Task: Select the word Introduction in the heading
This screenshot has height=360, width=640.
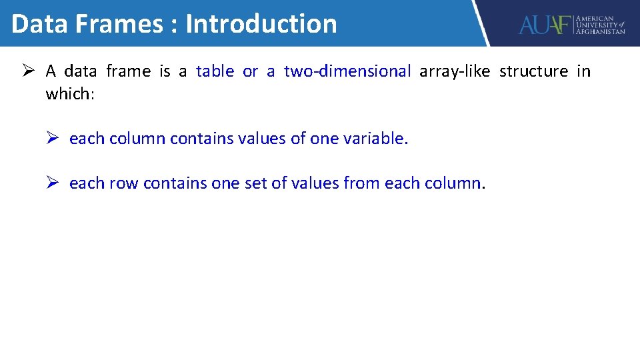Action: [261, 24]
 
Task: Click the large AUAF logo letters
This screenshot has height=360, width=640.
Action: [545, 25]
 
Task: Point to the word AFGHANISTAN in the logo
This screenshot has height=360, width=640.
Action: [600, 31]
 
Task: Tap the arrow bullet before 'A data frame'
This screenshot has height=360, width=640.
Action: [29, 71]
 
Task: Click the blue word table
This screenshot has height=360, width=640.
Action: [215, 71]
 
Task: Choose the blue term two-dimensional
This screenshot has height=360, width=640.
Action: [347, 71]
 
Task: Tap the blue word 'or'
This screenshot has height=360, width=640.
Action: [250, 71]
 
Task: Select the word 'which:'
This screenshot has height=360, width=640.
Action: [70, 93]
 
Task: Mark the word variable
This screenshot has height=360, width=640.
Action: [375, 139]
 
